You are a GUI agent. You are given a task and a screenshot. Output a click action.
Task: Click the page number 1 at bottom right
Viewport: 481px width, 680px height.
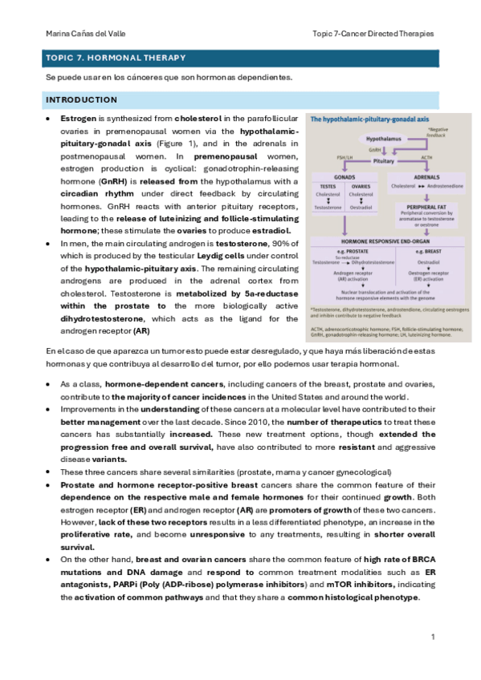[433, 637]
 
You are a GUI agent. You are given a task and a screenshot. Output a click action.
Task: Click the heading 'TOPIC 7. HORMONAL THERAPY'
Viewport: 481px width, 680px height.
[116, 58]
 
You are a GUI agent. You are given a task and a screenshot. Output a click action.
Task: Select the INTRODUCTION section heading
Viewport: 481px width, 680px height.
[82, 99]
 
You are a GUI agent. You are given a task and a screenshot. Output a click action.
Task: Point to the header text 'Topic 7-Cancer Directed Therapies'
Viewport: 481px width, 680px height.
[373, 34]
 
